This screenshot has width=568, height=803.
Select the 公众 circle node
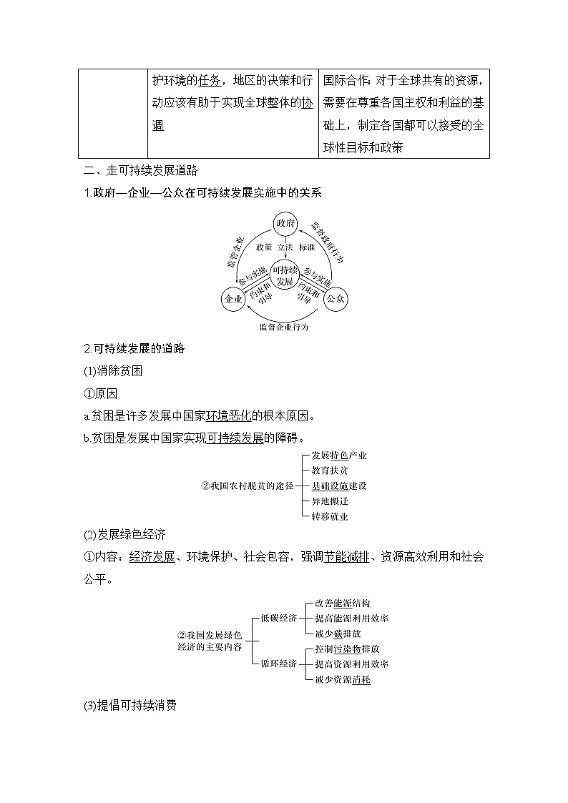[x=336, y=299]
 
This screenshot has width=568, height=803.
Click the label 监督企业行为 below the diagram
[x=284, y=327]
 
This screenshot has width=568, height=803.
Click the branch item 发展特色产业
[x=339, y=455]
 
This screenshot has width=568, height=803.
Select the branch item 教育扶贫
[x=330, y=471]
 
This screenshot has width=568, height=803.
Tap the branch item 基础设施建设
[x=339, y=486]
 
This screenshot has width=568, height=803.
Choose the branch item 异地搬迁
[x=330, y=501]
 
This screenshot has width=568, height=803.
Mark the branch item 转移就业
[x=330, y=516]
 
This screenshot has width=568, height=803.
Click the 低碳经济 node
[x=279, y=618]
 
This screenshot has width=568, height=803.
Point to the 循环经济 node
[x=279, y=664]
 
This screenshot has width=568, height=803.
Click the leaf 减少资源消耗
[x=343, y=680]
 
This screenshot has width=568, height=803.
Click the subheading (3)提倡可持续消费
[x=130, y=706]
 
